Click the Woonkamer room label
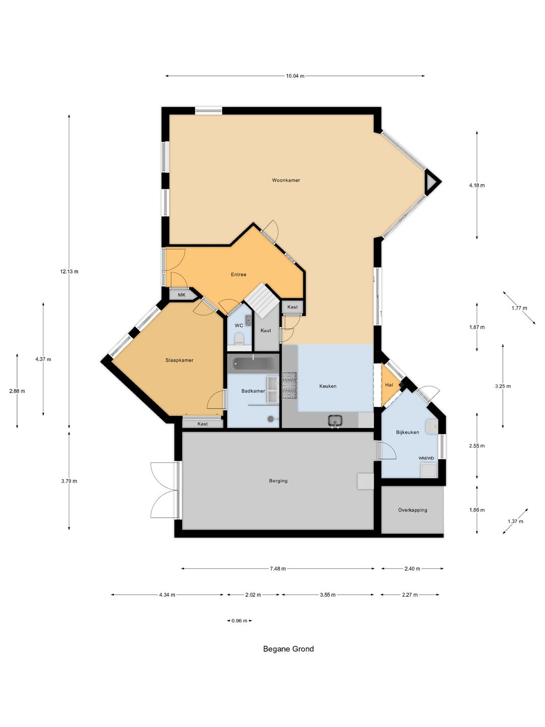[x=286, y=180]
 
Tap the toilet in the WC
[x=239, y=339]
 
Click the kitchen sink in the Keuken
[x=335, y=421]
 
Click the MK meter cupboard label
[x=182, y=295]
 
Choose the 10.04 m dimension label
[x=295, y=76]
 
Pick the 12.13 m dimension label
[x=69, y=272]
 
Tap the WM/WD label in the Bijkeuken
[x=426, y=458]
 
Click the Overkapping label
[x=412, y=510]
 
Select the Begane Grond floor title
[x=288, y=649]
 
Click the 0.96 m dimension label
[x=239, y=620]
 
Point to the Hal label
[x=389, y=385]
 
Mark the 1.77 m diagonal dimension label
[x=519, y=308]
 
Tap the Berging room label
[x=278, y=481]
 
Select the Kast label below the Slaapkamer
[x=202, y=424]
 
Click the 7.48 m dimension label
[x=278, y=568]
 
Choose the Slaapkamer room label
[x=179, y=360]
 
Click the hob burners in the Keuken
[x=289, y=385]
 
